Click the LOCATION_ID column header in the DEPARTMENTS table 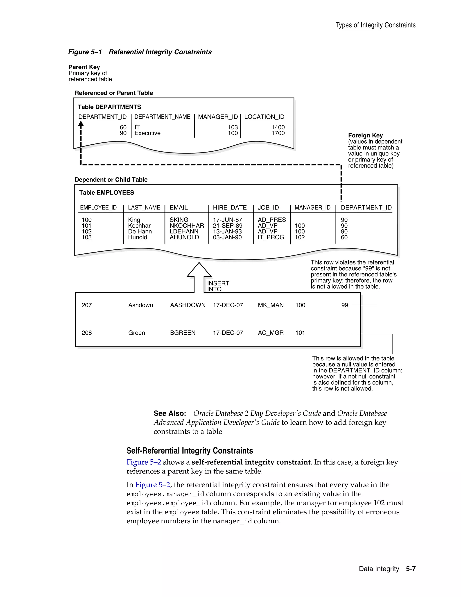pos(264,117)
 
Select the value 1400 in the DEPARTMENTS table pos(278,127)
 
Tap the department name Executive pos(147,133)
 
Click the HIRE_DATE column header pos(229,207)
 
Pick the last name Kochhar pos(139,226)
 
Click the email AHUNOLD pos(184,237)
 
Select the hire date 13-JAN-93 pos(227,232)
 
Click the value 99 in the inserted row pos(344,305)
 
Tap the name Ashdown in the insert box pos(140,305)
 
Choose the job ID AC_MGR pos(271,333)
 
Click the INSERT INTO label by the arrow pos(218,286)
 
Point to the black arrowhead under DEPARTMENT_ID pos(81,125)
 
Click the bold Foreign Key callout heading pos(365,136)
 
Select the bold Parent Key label pos(84,67)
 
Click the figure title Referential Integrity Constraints pos(160,52)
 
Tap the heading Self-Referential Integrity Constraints pos(190,451)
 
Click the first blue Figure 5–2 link pos(144,462)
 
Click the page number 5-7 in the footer pos(411,569)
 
